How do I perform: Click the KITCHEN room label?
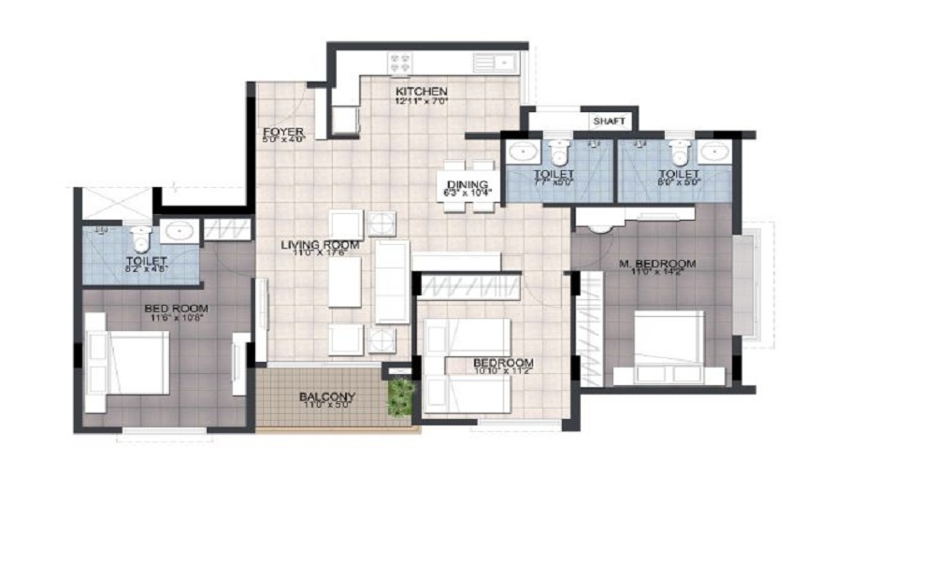[421, 91]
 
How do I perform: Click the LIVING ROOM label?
[321, 246]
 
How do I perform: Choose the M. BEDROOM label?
[658, 265]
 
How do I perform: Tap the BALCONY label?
[327, 396]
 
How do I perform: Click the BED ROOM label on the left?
[176, 308]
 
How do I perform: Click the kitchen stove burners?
[401, 64]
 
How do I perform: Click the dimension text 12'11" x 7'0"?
[422, 101]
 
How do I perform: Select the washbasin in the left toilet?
[178, 231]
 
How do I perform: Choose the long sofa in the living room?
[393, 280]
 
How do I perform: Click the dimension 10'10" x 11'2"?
[503, 372]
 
